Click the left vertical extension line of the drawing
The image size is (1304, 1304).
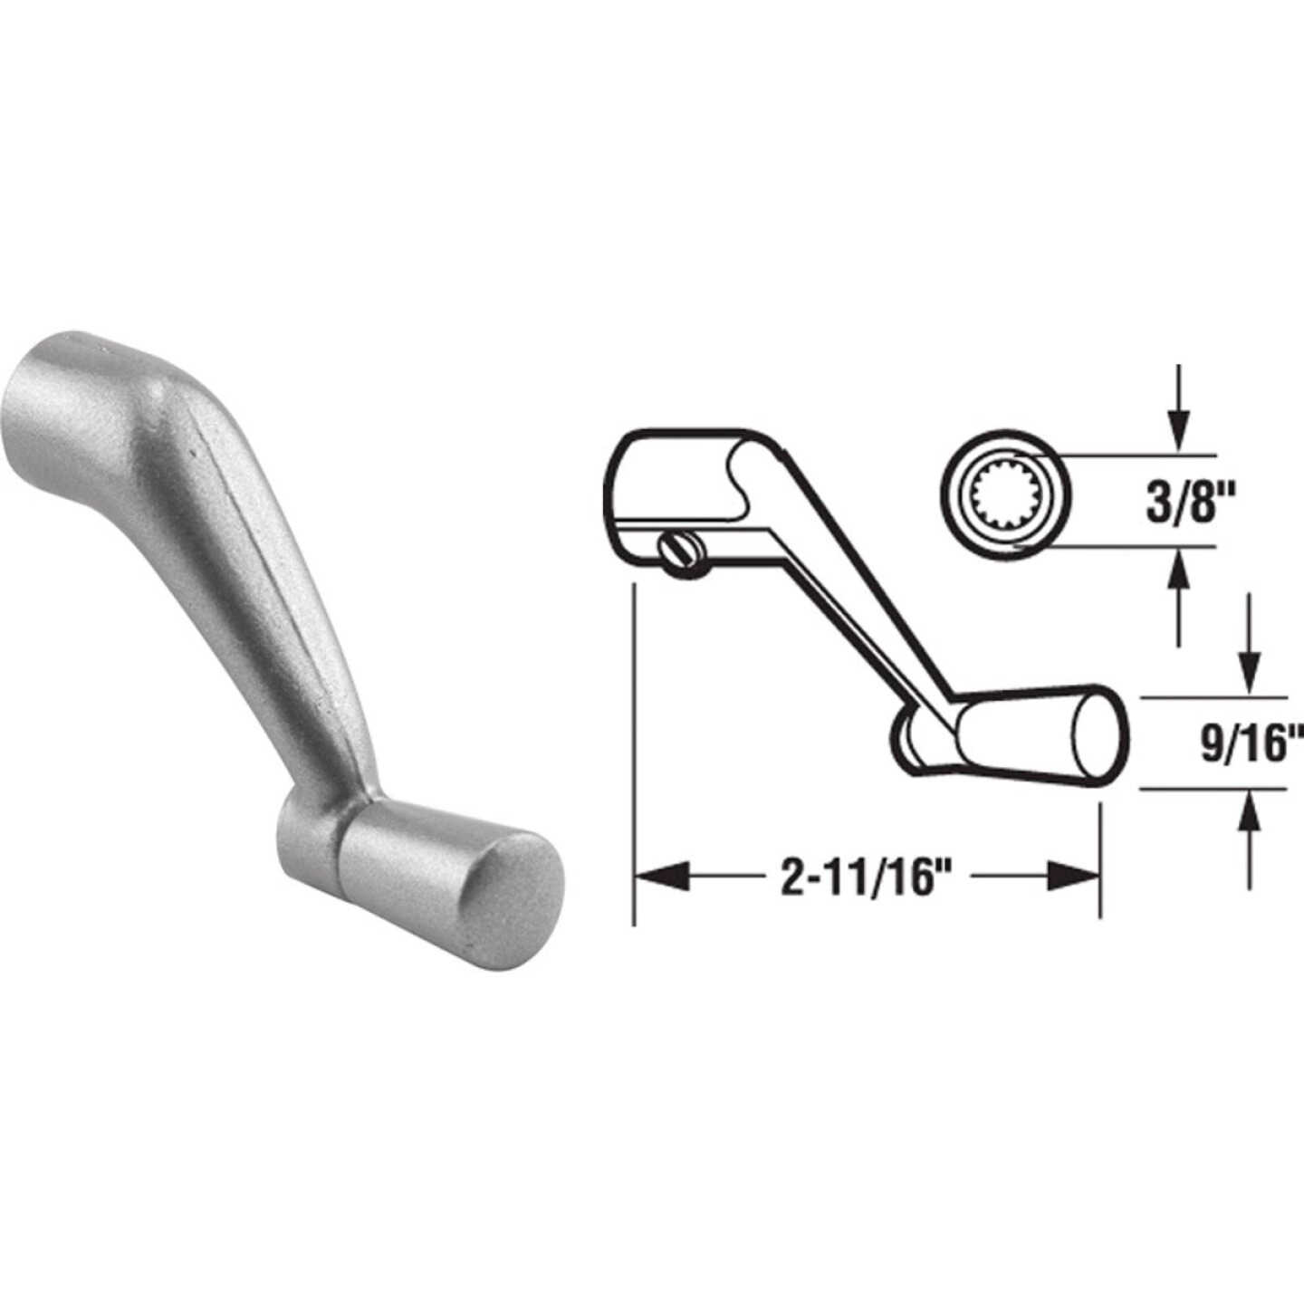click(x=635, y=752)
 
